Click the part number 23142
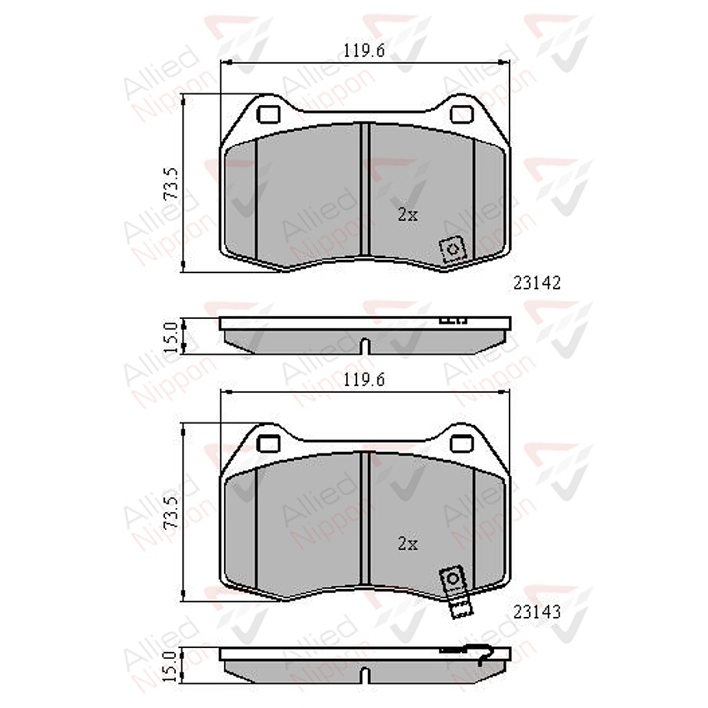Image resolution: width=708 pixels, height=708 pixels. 537,283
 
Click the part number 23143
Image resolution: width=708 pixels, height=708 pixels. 537,612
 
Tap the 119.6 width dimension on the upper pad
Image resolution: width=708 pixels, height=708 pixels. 364,51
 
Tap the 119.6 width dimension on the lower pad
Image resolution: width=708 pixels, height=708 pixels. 364,380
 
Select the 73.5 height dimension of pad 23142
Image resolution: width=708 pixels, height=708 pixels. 172,184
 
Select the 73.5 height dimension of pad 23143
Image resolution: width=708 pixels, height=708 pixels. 172,513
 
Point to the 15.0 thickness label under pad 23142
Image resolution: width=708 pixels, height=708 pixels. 171,338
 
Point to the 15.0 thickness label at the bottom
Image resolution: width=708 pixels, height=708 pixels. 171,667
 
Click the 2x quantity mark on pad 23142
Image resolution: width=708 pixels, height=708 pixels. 407,215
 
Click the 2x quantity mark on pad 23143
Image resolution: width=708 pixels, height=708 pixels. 407,544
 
